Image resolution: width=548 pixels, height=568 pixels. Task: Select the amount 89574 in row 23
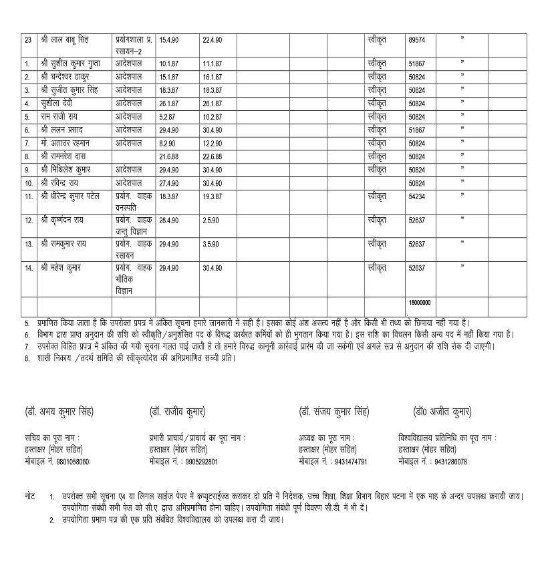[416, 40]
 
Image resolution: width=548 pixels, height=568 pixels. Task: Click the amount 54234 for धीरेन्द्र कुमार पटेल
[416, 196]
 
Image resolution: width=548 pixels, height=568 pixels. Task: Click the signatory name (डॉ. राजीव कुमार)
[177, 411]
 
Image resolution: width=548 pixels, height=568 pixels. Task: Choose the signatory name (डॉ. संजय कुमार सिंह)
[334, 411]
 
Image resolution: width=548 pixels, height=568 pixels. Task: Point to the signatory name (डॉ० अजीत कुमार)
[442, 411]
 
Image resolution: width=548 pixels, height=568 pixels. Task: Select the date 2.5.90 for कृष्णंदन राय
[211, 220]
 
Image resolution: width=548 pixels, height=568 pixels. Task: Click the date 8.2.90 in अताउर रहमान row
[166, 143]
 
